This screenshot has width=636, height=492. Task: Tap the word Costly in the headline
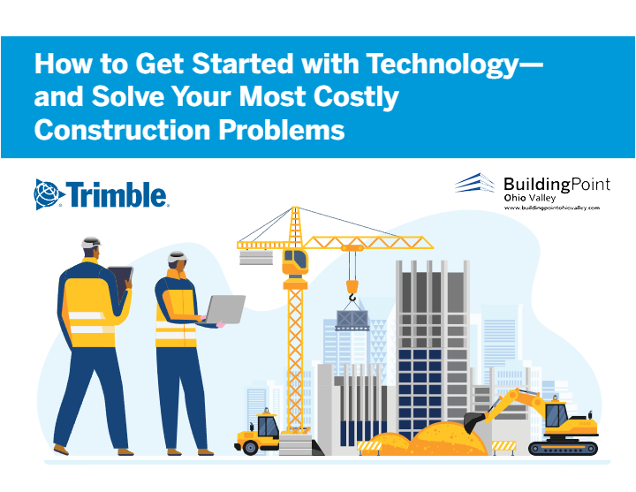356,98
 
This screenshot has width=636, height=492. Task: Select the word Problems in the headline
282,130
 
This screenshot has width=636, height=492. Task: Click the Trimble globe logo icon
49,194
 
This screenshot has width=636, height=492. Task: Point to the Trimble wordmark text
117,194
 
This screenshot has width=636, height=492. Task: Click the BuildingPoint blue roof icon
475,183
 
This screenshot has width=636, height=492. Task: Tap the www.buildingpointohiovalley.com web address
551,208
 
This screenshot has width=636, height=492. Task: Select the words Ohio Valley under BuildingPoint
530,198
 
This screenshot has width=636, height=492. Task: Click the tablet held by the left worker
121,281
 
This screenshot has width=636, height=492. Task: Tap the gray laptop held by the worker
224,309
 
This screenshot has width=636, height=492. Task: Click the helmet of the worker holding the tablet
91,243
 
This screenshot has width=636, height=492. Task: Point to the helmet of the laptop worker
178,257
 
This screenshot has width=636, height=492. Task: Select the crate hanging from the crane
352,320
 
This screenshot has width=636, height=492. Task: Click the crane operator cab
295,262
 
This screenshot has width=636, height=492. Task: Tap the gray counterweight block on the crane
256,258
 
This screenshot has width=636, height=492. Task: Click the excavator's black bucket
473,422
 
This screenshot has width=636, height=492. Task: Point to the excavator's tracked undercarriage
563,448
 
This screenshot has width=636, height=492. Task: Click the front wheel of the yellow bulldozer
250,447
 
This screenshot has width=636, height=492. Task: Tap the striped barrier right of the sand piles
503,447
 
